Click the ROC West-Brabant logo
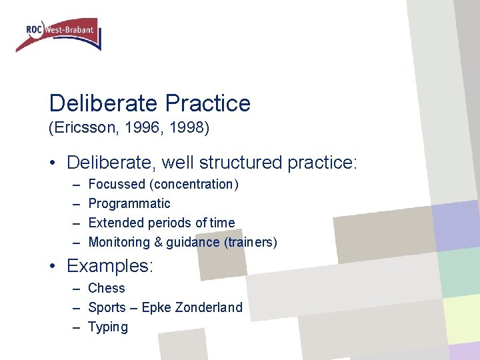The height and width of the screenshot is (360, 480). point(59,34)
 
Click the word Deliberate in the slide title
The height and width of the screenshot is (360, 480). point(103,103)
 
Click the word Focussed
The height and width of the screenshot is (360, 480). point(117,184)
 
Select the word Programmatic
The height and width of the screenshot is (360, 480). point(129,203)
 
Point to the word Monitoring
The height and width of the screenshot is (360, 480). point(117,242)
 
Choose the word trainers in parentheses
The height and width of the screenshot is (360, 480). point(251,242)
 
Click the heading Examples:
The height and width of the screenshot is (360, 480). point(110,267)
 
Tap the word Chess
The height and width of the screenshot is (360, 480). point(107,288)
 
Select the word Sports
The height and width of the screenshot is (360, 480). point(107,307)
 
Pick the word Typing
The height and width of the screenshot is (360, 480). point(108,327)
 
